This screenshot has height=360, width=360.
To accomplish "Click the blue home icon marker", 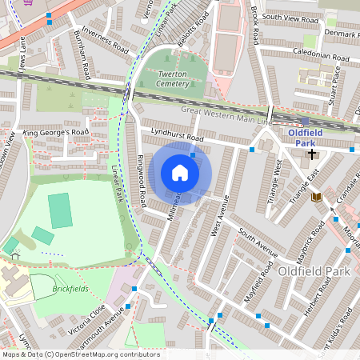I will click(x=180, y=173).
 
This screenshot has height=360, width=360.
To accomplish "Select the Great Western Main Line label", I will click(x=227, y=114).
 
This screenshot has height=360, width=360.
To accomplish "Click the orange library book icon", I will click(x=317, y=197).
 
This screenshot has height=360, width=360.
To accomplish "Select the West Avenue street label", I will click(x=217, y=216).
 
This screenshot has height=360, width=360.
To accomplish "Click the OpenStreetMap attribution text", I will click(x=80, y=354).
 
